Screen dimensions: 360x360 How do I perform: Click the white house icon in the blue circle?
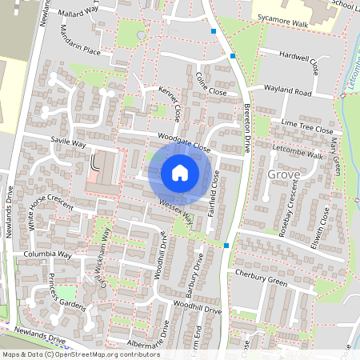click(180, 173)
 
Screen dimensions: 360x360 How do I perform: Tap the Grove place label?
click(284, 174)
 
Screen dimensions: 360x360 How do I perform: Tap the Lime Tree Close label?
click(306, 126)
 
